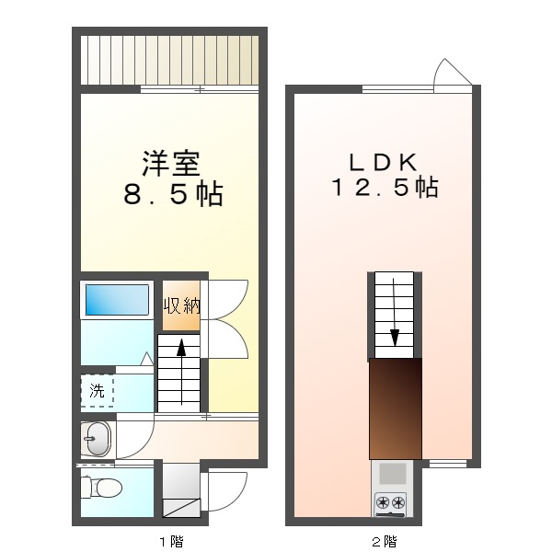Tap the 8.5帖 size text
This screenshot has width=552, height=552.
point(174,195)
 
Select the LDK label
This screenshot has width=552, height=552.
point(384,162)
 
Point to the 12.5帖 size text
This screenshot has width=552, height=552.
point(385,189)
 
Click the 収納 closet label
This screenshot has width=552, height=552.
point(181,306)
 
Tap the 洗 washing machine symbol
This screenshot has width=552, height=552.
point(97,390)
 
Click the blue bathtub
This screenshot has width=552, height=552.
point(117,300)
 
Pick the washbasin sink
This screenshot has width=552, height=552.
point(95,438)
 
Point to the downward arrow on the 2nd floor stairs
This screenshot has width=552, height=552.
point(395,317)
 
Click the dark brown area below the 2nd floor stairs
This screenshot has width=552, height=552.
point(396,408)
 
